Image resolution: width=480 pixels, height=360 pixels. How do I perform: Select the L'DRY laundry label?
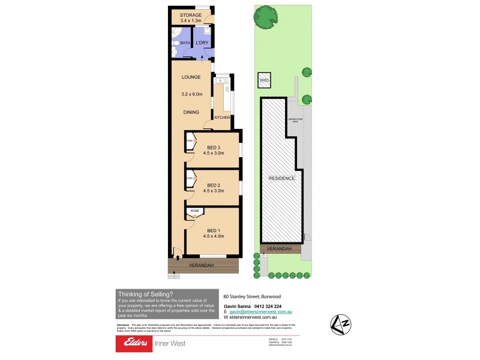[x=202, y=43]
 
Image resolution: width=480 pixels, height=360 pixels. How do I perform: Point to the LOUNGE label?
[x=191, y=77]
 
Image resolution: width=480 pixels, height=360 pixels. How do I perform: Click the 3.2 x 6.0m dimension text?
[x=193, y=94]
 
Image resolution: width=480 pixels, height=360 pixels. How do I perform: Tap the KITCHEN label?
[x=222, y=118]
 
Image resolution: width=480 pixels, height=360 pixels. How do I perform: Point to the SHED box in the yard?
[x=264, y=80]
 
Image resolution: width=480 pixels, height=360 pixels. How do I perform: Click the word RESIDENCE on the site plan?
[x=281, y=178]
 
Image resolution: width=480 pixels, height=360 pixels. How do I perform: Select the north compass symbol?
[x=342, y=325]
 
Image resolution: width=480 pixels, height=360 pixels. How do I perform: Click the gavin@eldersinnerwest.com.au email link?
[x=260, y=313]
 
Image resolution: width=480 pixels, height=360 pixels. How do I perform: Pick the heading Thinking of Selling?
[x=145, y=294]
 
